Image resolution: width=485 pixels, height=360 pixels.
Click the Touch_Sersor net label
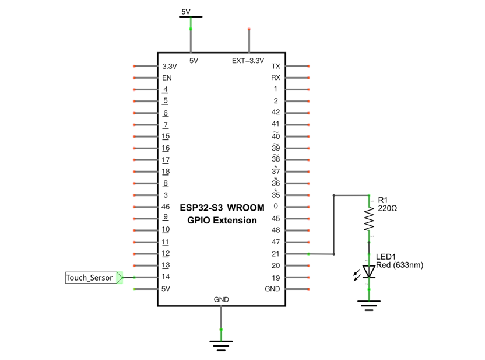89,278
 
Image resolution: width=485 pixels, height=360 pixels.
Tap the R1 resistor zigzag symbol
368,219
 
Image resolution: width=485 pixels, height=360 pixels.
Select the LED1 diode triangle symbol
368,271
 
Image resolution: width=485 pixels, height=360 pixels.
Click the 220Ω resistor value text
387,208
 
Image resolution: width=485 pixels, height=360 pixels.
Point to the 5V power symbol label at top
186,12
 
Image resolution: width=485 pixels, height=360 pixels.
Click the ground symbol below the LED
368,305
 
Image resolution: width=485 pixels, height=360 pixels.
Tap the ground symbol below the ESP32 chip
221,346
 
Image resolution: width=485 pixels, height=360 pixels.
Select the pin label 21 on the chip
275,254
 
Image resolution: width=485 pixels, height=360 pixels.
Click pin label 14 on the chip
166,277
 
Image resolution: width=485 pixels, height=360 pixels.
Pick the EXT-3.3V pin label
248,61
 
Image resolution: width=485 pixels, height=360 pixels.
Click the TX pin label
276,67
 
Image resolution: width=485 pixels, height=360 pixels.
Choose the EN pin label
167,78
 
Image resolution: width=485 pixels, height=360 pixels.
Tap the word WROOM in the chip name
246,208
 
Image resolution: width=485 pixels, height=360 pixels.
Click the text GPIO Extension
222,221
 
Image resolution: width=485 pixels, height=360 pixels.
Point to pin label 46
166,207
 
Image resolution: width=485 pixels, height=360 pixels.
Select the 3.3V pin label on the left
170,67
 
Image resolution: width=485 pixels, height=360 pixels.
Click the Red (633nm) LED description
400,265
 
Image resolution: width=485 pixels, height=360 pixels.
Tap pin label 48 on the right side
276,230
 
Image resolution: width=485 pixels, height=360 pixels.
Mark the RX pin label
276,78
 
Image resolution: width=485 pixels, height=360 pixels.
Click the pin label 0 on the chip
276,206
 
